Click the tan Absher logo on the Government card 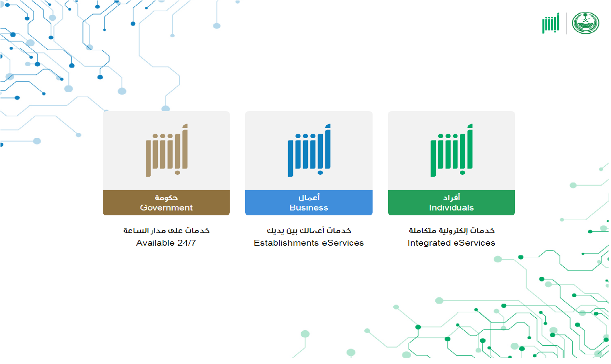tap(167, 150)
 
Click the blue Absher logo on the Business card tap(309, 150)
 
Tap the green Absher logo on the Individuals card tap(451, 150)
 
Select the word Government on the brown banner tap(167, 208)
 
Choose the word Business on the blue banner tap(309, 208)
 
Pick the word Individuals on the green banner tap(451, 208)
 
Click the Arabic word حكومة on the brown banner tap(167, 197)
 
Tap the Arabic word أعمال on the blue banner tap(309, 197)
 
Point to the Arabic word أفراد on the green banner tap(451, 197)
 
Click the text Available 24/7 tap(166, 243)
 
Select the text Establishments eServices tap(309, 243)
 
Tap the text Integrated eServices tap(451, 243)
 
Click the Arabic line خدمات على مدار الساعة tap(167, 231)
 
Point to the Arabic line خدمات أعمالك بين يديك tap(309, 231)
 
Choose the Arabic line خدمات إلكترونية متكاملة tap(451, 231)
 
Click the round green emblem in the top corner tap(585, 23)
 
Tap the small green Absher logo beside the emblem tap(551, 23)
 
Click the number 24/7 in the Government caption tap(187, 243)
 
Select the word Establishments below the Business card tap(286, 243)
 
